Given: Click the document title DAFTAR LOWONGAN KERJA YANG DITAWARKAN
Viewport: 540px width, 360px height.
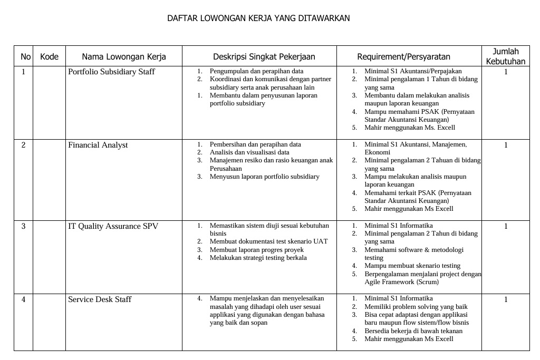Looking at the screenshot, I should (258, 18).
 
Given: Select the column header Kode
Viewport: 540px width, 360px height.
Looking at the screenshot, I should (49, 56).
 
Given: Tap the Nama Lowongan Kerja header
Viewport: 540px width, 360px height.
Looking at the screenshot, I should (124, 57).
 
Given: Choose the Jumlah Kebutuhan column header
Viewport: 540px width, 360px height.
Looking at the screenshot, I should (505, 56).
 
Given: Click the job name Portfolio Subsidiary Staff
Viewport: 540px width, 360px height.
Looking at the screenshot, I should (111, 72).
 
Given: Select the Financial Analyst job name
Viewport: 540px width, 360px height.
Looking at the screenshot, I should (98, 145).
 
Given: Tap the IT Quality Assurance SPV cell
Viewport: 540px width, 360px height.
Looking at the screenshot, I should (113, 226).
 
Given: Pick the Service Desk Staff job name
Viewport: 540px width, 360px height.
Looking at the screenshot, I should (100, 299).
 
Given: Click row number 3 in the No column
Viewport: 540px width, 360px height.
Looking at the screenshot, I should (23, 226).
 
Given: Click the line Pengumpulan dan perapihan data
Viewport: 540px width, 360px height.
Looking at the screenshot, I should (256, 71).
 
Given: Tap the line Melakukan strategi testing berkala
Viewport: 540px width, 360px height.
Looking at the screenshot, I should (258, 258).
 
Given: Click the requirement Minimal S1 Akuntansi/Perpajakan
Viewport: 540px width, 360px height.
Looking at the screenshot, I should (413, 71).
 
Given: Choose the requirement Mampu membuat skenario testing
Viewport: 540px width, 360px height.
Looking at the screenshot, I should (412, 266).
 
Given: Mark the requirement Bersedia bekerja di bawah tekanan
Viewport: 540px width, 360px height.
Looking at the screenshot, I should (413, 331).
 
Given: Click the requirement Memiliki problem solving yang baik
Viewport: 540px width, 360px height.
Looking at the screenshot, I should (416, 307).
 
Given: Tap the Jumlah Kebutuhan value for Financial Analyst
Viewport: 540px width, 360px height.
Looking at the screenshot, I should (505, 145).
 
